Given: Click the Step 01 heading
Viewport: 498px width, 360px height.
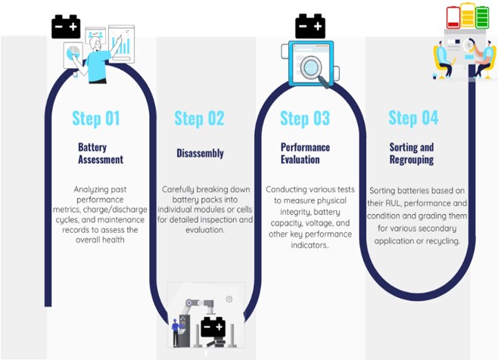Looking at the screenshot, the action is pos(96,119).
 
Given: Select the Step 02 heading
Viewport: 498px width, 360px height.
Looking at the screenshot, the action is pos(199,119).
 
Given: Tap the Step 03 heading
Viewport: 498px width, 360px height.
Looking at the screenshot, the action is pos(305,119).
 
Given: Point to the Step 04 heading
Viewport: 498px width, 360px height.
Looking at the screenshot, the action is pos(413,118).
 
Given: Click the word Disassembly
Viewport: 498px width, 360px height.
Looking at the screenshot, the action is pos(200,153).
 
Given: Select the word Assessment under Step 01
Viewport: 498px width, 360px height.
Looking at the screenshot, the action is pos(101,159).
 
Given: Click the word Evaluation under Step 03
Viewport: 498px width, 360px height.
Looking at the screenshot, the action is pos(300,159).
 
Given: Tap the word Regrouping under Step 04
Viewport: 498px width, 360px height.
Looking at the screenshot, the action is pos(412,160).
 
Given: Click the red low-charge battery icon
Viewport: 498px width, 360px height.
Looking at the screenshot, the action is pos(453,17).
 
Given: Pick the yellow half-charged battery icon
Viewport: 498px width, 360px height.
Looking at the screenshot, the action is pos(468,15).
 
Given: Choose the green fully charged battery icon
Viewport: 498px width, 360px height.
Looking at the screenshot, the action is pos(482,17).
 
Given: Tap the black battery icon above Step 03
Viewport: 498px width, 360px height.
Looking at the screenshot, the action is pos(310,26).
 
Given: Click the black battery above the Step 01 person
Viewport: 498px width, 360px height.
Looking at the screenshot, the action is pos(66,26).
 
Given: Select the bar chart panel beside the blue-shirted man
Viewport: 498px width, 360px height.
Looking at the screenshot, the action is pos(122,44).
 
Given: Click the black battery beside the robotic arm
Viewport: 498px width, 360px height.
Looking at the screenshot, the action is pos(213,327).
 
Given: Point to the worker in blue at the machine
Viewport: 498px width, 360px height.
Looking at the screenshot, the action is pos(175,333).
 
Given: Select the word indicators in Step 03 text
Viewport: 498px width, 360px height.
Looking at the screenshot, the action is pos(309,245).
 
